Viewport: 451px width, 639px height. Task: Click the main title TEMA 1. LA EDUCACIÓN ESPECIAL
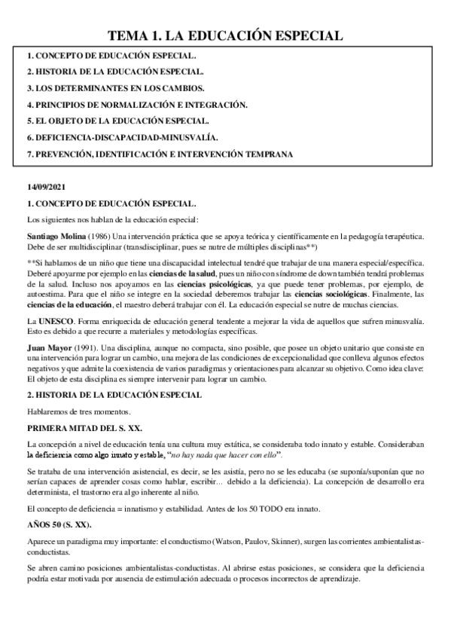click(x=225, y=35)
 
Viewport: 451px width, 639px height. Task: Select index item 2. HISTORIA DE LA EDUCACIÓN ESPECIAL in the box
click(x=114, y=72)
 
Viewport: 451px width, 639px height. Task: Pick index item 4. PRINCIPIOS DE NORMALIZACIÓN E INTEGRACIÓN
click(x=136, y=104)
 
